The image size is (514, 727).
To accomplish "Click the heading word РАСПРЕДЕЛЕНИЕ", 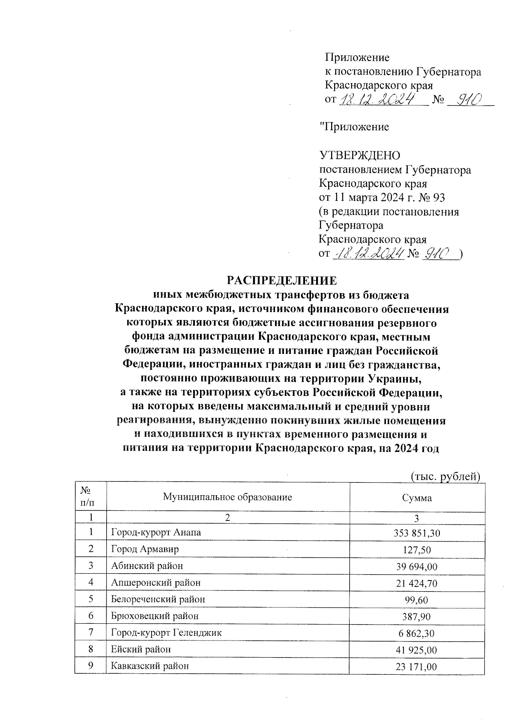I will tap(281, 281).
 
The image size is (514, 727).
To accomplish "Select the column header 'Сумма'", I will tap(417, 498).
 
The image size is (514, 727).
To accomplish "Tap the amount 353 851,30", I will tap(417, 533).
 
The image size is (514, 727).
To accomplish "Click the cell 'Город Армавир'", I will tap(145, 549).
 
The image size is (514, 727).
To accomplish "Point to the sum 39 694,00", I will tap(417, 567).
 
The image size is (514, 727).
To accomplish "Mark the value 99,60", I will tap(417, 600).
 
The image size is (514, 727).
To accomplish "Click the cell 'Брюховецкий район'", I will tap(155, 616).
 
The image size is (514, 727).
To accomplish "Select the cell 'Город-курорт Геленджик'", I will tap(166, 632).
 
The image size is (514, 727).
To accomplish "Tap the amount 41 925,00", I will tap(417, 650).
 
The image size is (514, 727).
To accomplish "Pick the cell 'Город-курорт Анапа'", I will tap(155, 533).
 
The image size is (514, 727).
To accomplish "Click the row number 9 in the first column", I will tap(91, 666).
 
